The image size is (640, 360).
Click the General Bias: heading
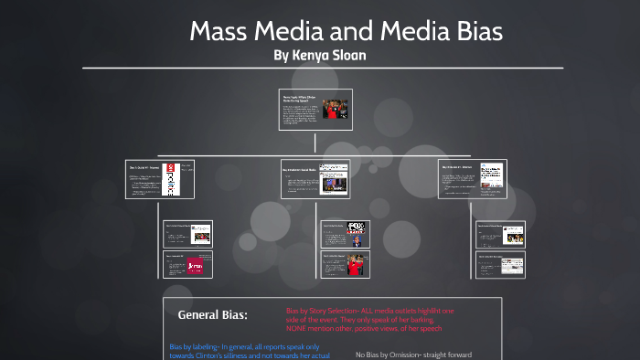(212, 315)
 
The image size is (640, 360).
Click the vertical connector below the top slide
(315, 143)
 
